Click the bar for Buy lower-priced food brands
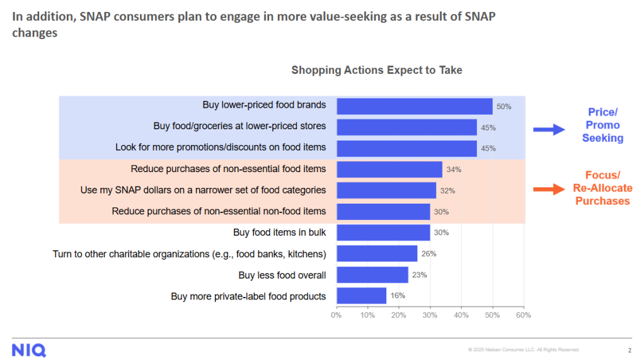click(x=414, y=106)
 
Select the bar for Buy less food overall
click(x=372, y=275)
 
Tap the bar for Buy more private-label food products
click(x=361, y=296)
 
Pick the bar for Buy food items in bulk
click(x=383, y=233)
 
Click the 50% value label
click(x=503, y=107)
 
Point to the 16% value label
click(x=398, y=296)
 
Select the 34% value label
click(x=454, y=170)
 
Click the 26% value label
click(x=429, y=253)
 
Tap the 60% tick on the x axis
click(x=523, y=315)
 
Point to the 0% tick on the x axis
click(x=336, y=315)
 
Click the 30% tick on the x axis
click(x=430, y=315)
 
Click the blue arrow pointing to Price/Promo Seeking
click(x=548, y=130)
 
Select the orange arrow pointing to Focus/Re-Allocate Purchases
click(x=548, y=189)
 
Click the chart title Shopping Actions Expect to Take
click(x=376, y=70)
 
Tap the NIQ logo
click(x=28, y=351)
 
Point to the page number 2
click(x=629, y=351)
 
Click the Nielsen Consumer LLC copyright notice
click(x=523, y=350)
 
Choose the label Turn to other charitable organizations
click(x=189, y=253)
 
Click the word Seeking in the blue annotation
click(x=602, y=138)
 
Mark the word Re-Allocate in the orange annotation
click(x=602, y=188)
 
